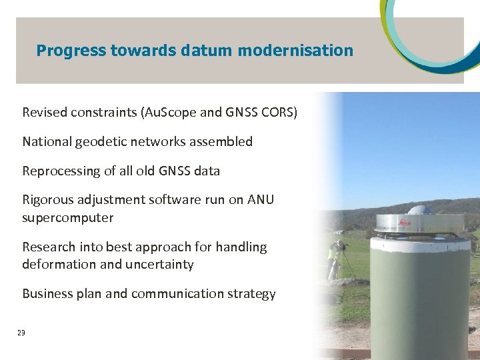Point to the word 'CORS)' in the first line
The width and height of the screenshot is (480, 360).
click(x=279, y=112)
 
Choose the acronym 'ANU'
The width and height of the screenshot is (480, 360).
click(x=261, y=200)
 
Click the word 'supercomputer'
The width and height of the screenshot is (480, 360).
click(x=68, y=218)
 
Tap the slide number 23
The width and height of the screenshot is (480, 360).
click(x=21, y=333)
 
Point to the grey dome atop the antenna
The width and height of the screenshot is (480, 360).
click(x=421, y=210)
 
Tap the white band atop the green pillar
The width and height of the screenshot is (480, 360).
click(x=419, y=242)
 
